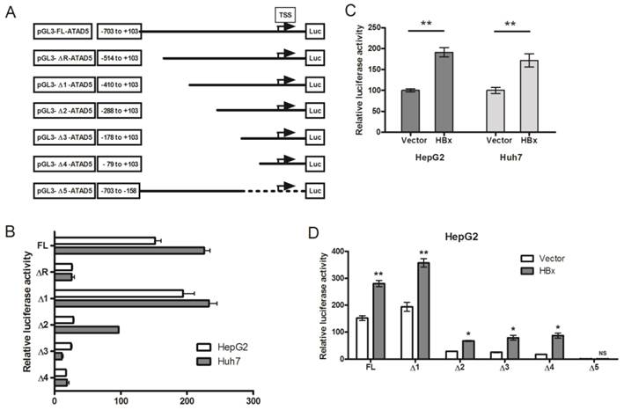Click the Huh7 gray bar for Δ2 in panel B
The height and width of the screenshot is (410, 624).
coord(86,329)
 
